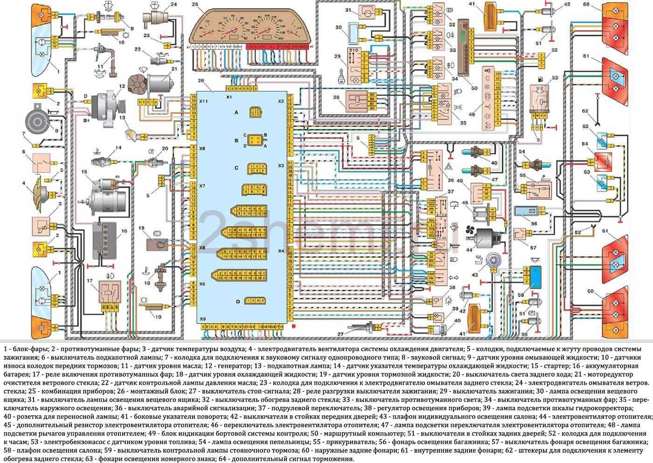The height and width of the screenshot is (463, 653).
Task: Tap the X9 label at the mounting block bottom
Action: point(202,319)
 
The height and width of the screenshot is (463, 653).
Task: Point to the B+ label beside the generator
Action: point(86,120)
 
